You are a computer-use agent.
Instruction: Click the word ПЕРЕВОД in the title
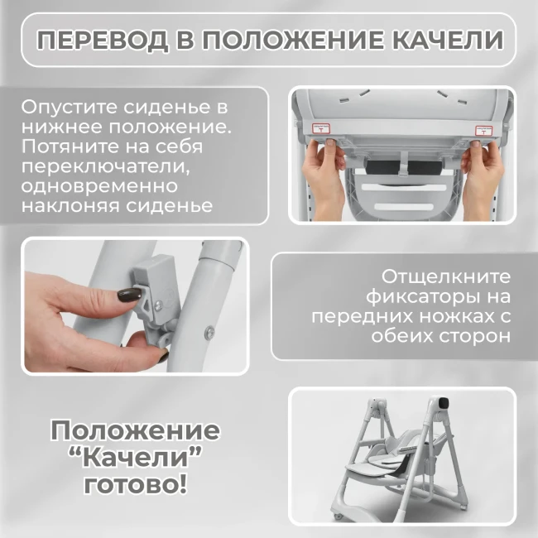click(103, 41)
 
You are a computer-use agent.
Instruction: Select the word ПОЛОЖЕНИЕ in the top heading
click(293, 40)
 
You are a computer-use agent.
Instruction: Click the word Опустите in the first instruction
click(70, 108)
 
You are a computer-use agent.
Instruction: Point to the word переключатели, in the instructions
click(106, 167)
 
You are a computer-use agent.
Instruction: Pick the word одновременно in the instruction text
click(99, 186)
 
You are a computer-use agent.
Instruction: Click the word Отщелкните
click(446, 277)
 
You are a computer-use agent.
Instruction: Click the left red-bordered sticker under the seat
click(321, 128)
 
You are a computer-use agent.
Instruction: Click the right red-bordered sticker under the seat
click(484, 131)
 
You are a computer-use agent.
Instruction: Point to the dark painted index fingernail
click(129, 294)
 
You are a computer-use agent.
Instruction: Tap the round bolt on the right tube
click(209, 332)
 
